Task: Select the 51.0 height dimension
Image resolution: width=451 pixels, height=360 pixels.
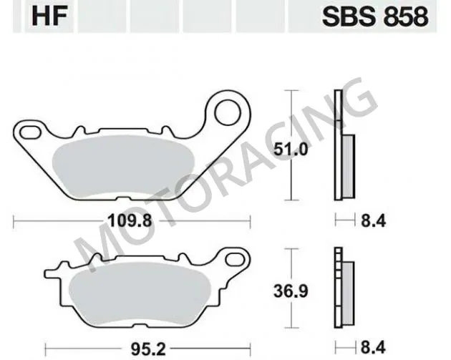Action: pyautogui.click(x=293, y=151)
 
